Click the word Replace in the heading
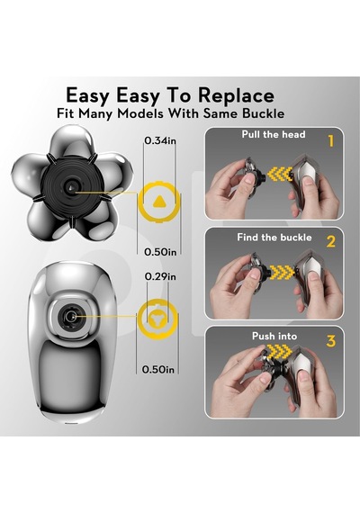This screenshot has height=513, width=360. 236,96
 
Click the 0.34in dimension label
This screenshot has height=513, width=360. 160,140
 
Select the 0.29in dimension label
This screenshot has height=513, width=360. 160,277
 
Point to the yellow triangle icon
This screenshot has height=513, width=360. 159,202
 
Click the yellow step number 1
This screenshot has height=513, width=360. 331,141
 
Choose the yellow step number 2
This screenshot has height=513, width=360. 331,241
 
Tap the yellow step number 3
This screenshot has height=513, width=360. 331,341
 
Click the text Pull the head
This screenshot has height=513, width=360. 274,134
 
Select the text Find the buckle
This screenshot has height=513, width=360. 274,238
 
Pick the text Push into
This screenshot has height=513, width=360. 274,336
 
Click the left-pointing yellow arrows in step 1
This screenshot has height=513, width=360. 280,174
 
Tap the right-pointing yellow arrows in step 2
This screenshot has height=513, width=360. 282,272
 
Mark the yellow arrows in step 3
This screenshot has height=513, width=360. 280,352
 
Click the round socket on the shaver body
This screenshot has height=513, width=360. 70,317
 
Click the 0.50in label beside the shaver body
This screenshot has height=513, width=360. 158,370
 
